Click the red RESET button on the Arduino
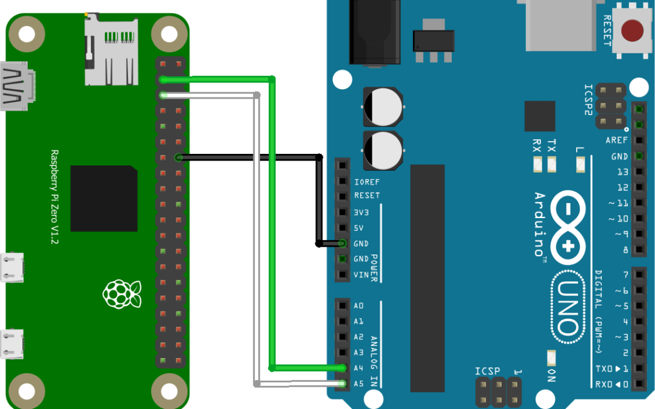coord(633,30)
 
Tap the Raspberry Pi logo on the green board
coord(122,294)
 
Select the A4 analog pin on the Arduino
coord(343,368)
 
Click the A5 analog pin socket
coord(343,383)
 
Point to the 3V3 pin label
coord(361,212)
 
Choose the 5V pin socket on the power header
coord(343,228)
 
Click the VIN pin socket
coord(343,274)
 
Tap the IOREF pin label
coord(367,181)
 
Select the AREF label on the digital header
coord(616,140)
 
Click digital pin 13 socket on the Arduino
coord(639,171)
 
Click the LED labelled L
coord(579,164)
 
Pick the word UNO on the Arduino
coord(568,307)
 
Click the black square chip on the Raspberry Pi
coord(104,198)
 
